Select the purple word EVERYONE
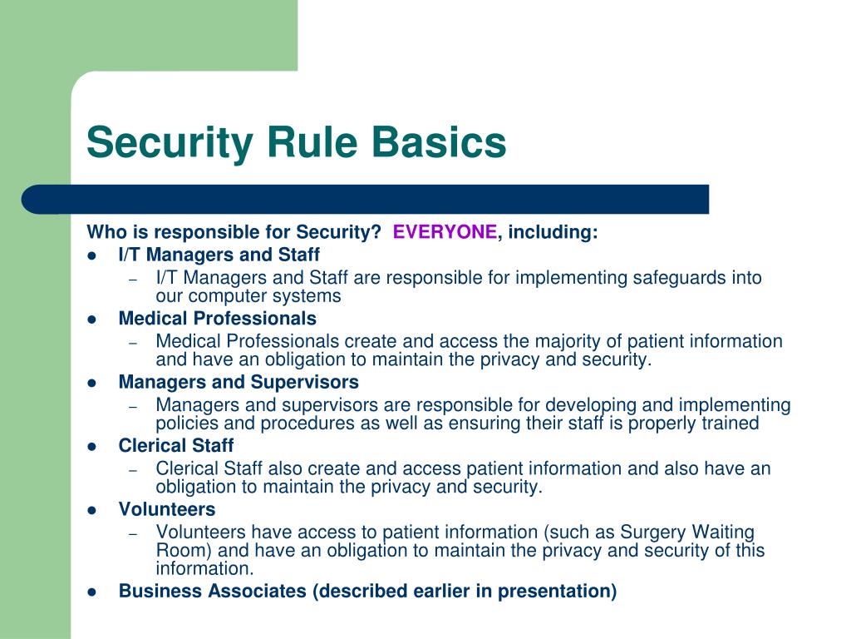click(445, 233)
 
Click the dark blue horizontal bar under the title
click(366, 200)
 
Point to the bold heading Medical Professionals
click(218, 319)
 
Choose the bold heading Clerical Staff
click(176, 446)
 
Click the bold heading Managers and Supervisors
click(239, 383)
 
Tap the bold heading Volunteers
click(167, 509)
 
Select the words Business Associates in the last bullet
click(213, 592)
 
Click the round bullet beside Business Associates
click(92, 592)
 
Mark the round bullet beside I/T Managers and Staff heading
click(92, 255)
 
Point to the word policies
click(189, 424)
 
